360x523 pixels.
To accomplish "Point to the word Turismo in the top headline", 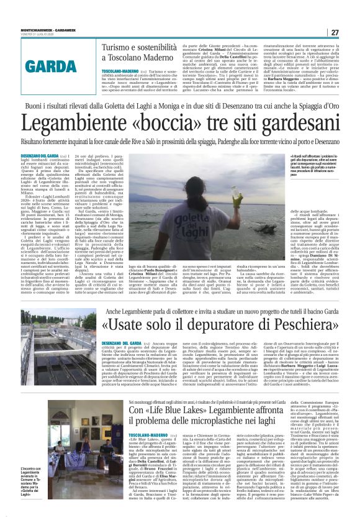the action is coord(119,47).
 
